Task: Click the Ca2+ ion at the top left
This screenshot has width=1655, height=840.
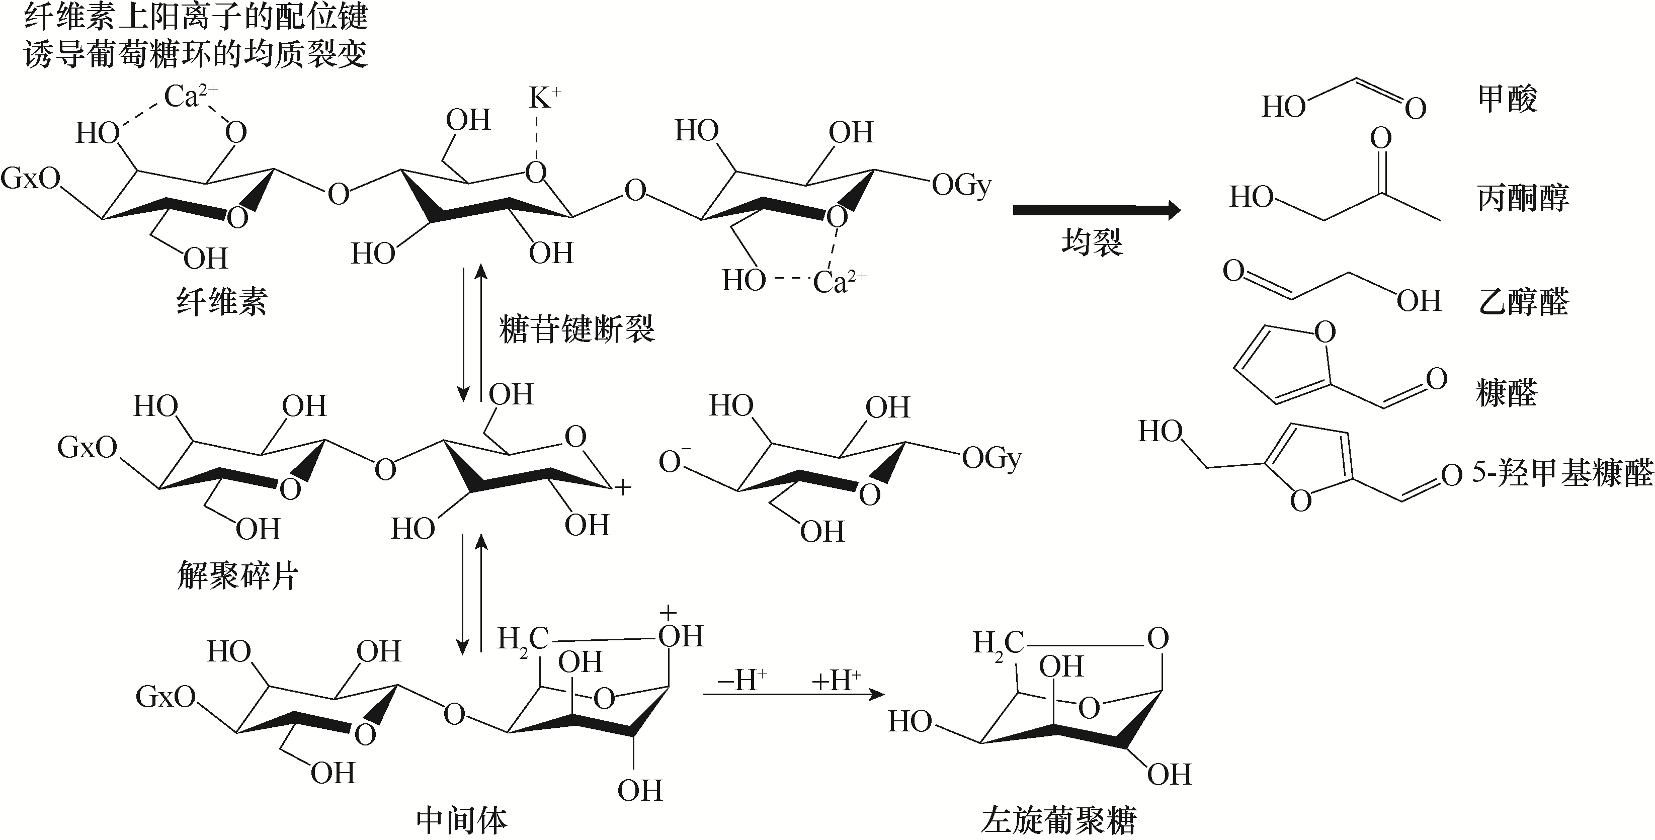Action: pos(191,97)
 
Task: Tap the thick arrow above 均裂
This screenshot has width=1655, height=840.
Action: pos(1097,210)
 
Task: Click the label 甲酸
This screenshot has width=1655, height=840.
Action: pos(1507,100)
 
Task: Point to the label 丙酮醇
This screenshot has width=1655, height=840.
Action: pos(1522,198)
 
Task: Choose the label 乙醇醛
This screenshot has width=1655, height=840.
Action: pos(1522,302)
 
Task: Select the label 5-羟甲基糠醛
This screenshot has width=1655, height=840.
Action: pos(1562,473)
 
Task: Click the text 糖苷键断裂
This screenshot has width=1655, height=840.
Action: pos(576,330)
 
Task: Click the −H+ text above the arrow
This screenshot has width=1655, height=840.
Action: pos(742,680)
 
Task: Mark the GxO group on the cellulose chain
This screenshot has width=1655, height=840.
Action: pos(30,178)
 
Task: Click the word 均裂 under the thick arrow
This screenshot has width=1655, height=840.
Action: pos(1092,243)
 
